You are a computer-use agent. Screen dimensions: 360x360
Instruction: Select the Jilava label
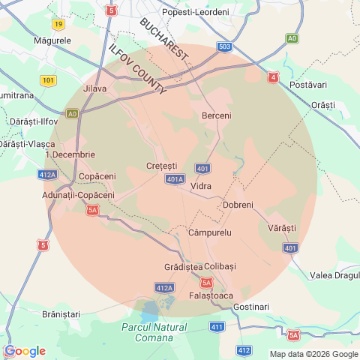point(95,88)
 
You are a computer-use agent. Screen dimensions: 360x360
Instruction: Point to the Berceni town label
point(217,115)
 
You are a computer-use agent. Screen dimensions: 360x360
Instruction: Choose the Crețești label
point(162,166)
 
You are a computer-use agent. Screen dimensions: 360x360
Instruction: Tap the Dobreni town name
point(238,205)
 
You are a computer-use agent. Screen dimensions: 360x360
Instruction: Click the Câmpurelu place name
point(211,232)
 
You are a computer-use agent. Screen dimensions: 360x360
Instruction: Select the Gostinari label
point(250,307)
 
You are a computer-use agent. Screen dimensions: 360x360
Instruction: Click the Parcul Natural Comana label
point(154,332)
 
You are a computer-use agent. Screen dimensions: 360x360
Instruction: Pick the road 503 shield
point(224,46)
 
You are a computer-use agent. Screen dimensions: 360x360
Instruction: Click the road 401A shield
point(174,179)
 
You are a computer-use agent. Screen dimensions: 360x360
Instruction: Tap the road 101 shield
point(49,80)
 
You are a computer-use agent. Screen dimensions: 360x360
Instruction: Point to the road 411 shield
point(217,327)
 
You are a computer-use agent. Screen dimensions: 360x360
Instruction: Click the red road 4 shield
point(274,76)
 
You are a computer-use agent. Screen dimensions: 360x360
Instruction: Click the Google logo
point(25,351)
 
